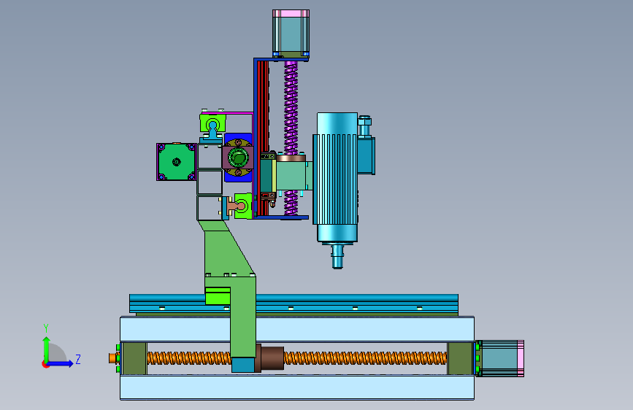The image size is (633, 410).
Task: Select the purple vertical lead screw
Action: pyautogui.click(x=291, y=137)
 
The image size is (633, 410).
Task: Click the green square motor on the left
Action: pyautogui.click(x=177, y=162)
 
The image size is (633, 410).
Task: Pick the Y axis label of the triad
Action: pyautogui.click(x=46, y=328)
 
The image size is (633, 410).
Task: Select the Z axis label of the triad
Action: pyautogui.click(x=78, y=359)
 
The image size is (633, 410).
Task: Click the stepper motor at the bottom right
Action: pyautogui.click(x=499, y=358)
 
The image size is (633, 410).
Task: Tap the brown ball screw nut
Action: pyautogui.click(x=269, y=357)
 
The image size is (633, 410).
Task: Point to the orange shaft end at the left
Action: pyautogui.click(x=112, y=358)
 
